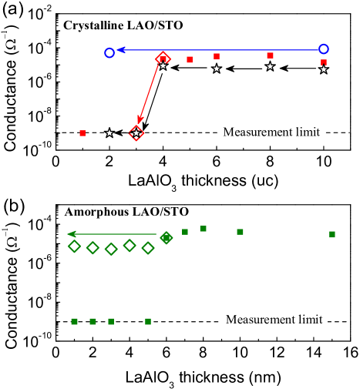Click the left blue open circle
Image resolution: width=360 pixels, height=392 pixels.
[109, 52]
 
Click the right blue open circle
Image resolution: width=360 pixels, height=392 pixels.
[324, 49]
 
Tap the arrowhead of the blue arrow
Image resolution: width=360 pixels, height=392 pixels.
[121, 50]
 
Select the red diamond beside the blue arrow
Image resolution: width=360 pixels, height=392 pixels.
[163, 58]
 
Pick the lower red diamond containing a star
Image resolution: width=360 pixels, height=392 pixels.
[136, 133]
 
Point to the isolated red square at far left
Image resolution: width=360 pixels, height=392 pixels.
[82, 133]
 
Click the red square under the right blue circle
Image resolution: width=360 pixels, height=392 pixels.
[324, 62]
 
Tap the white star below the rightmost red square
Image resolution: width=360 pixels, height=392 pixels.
[324, 69]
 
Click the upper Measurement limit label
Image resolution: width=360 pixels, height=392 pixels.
[270, 132]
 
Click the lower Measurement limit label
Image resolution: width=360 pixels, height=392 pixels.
[274, 319]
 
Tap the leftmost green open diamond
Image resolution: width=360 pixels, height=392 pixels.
[74, 246]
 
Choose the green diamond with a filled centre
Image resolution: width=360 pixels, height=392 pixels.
[166, 237]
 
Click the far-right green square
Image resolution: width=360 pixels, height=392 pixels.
[332, 234]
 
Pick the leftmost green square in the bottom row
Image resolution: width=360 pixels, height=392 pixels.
[74, 321]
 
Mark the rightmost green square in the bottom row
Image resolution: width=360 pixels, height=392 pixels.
[148, 321]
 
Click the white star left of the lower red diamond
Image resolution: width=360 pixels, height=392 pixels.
[109, 133]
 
